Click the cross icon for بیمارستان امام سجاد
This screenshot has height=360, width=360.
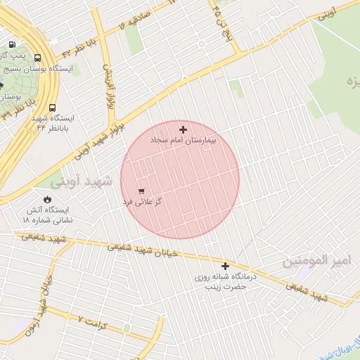pyautogui.click(x=183, y=129)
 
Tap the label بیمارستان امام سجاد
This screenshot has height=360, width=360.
pyautogui.click(x=183, y=141)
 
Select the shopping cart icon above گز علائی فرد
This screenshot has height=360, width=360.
pyautogui.click(x=141, y=191)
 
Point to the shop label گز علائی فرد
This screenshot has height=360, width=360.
pyautogui.click(x=142, y=202)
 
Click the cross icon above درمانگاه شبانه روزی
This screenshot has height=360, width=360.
pyautogui.click(x=225, y=266)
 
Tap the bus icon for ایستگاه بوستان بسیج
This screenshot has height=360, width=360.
pyautogui.click(x=37, y=58)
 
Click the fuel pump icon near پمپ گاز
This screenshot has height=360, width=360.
pyautogui.click(x=12, y=44)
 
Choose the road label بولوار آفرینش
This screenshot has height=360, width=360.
pyautogui.click(x=109, y=87)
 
